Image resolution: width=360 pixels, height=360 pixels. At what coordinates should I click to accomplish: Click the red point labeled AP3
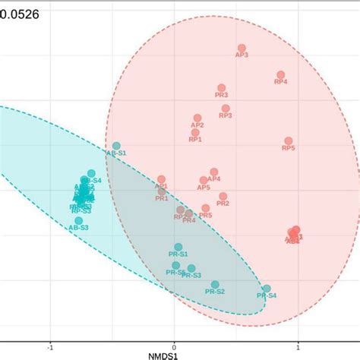(x=242, y=49)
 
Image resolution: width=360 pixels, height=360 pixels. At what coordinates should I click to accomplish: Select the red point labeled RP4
(x=280, y=74)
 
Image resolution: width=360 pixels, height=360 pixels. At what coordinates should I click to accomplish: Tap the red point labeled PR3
(x=221, y=88)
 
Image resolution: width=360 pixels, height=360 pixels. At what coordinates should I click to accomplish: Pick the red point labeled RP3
(x=226, y=109)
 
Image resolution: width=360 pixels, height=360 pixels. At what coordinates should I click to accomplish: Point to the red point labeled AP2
(x=197, y=118)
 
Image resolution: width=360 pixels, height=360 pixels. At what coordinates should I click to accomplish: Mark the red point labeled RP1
(x=195, y=133)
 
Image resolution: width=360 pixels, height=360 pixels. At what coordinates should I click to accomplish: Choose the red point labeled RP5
(x=289, y=141)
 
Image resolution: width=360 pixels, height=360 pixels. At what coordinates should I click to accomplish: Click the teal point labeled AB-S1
(x=116, y=146)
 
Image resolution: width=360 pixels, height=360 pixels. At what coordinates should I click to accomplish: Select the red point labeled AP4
(x=214, y=172)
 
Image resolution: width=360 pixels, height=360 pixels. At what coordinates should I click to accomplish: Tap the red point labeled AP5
(x=204, y=181)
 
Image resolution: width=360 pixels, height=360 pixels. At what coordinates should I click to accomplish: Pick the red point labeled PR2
(x=223, y=196)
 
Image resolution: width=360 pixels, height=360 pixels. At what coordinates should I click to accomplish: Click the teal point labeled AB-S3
(x=78, y=220)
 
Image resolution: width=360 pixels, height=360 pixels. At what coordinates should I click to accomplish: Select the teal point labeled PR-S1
(x=178, y=247)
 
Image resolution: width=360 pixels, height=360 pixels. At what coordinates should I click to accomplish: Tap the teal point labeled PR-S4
(x=267, y=289)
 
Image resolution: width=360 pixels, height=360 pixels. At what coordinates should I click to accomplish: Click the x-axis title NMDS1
(x=179, y=354)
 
